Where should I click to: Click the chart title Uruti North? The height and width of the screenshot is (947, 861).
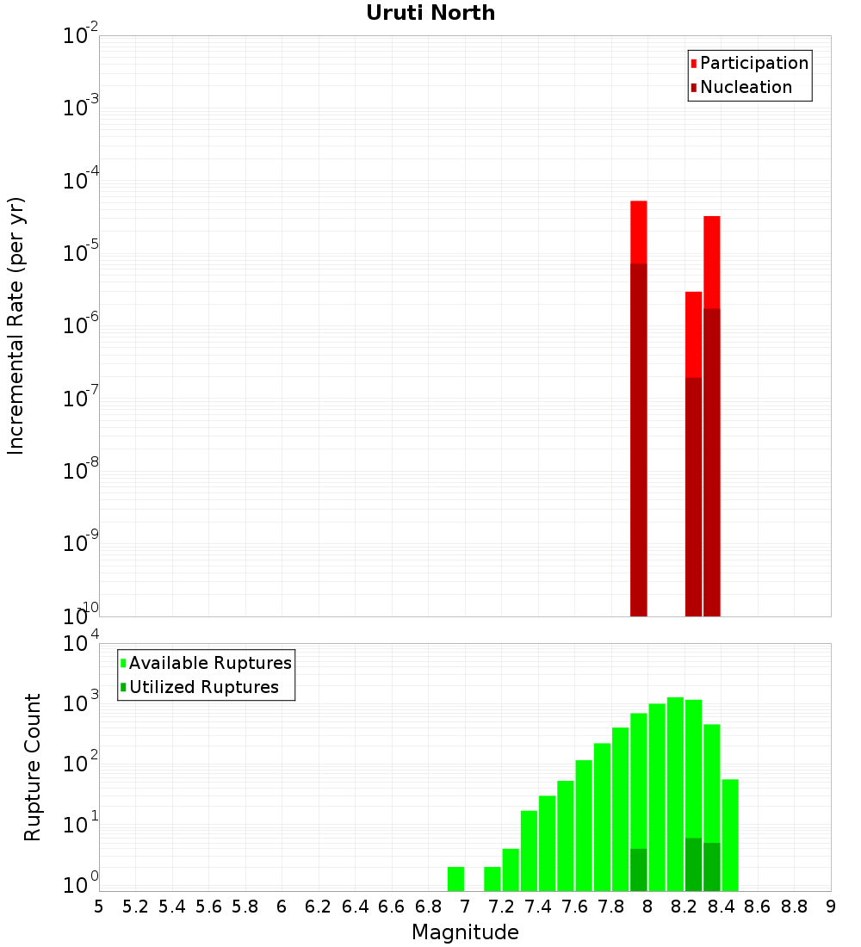(430, 13)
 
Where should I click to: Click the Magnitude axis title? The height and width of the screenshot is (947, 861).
(465, 932)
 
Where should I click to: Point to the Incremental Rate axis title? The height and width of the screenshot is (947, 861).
(16, 326)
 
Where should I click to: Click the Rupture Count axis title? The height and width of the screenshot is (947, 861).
(33, 767)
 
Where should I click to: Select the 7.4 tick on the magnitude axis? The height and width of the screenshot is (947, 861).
(538, 907)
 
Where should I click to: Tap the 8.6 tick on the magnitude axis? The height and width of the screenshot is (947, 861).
(758, 907)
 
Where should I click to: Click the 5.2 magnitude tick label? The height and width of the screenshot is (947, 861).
(135, 907)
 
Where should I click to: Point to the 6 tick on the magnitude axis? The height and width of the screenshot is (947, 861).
(282, 907)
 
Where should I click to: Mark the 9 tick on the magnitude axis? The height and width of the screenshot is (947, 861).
(830, 907)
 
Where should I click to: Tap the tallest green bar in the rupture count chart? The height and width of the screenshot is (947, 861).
(675, 792)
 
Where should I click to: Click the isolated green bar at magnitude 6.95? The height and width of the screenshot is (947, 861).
(455, 879)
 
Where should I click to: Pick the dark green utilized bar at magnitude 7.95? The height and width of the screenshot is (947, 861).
(639, 870)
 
